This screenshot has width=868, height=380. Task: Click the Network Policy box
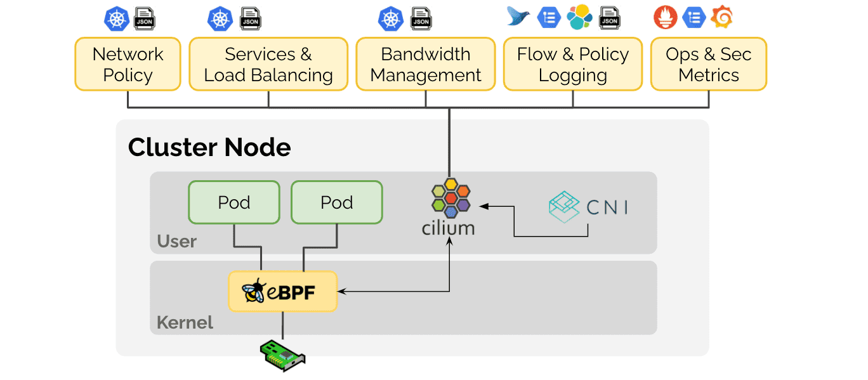(x=128, y=64)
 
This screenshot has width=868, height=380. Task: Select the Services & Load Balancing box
(x=268, y=64)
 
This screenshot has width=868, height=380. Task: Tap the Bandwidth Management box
(x=426, y=64)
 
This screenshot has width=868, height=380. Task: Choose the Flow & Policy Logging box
(x=573, y=64)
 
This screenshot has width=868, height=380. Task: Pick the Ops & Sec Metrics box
(x=709, y=64)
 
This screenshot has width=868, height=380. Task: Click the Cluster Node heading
(x=209, y=148)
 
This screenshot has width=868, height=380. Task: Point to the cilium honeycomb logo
(x=450, y=197)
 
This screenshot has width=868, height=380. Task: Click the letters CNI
(x=608, y=207)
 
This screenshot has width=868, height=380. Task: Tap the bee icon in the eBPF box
(x=255, y=291)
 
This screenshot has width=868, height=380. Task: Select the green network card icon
(x=283, y=355)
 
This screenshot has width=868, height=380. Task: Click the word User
(x=177, y=242)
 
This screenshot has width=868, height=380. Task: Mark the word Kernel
(x=185, y=322)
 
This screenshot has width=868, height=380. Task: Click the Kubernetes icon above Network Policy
(x=117, y=18)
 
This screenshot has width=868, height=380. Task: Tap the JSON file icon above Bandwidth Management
(x=421, y=19)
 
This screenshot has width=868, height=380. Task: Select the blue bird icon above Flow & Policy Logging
(x=518, y=16)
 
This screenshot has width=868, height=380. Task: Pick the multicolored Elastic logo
(x=579, y=17)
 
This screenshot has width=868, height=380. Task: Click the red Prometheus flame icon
(x=666, y=17)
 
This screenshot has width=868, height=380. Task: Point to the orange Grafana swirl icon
(x=721, y=17)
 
